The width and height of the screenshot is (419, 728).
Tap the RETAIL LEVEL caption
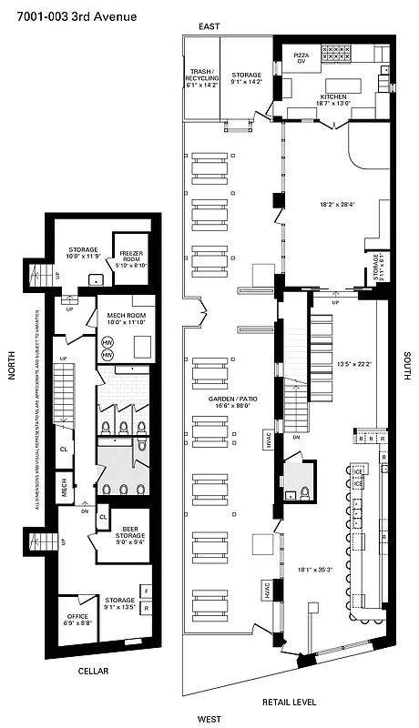tap(289, 702)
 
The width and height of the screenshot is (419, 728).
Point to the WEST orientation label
tap(209, 719)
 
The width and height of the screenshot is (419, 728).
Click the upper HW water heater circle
tap(107, 342)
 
